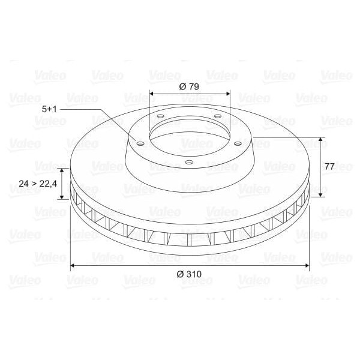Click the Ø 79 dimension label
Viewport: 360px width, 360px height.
[189, 86]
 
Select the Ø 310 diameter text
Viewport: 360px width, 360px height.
[189, 274]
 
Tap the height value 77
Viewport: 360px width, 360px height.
[329, 166]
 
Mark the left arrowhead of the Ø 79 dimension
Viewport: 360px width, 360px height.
[151, 94]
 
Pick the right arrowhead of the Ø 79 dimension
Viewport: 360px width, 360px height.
[228, 94]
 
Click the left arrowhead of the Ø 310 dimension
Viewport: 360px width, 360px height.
[73, 265]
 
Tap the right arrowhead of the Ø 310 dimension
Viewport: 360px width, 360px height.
[307, 265]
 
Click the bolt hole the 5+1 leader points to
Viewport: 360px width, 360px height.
[140, 143]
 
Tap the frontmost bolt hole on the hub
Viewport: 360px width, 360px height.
[189, 162]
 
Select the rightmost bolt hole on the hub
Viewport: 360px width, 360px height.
[238, 143]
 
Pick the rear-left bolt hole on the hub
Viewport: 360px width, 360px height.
[161, 116]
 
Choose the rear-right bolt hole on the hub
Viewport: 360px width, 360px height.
[217, 116]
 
